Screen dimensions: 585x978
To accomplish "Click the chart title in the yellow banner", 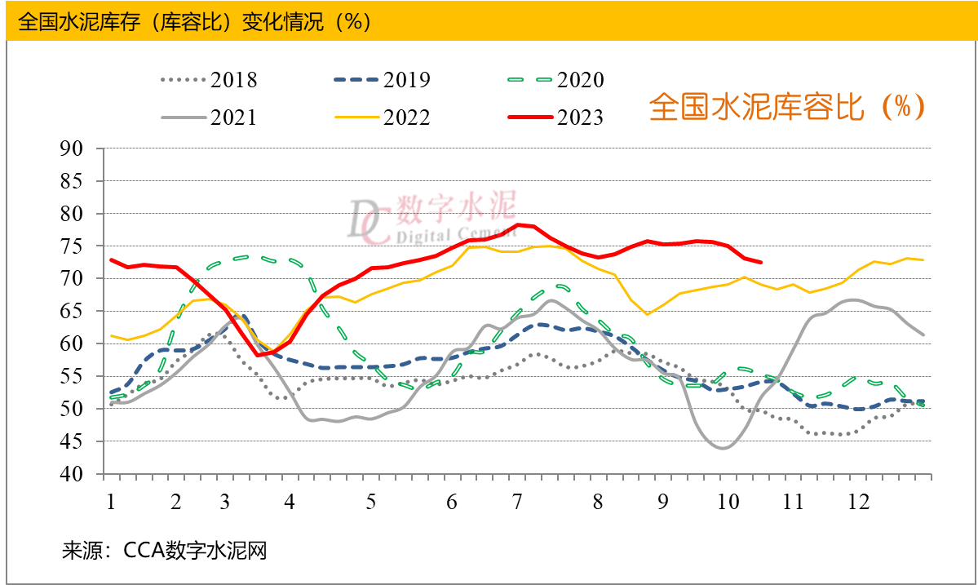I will [x=195, y=21].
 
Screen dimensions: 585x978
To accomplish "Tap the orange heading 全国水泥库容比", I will [x=787, y=107].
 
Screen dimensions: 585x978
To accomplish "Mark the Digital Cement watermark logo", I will [x=432, y=219].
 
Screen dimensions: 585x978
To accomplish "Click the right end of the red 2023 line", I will [x=761, y=262].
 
